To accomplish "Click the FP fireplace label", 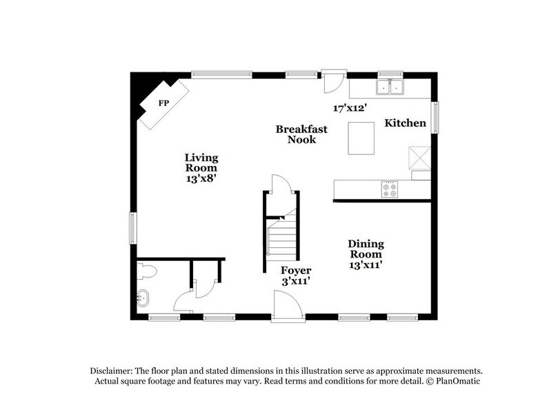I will coord(163,103).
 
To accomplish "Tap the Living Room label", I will coord(201,163).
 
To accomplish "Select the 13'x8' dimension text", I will coord(201,178).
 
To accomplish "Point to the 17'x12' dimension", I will coord(348,108).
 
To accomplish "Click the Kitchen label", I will coord(405,123).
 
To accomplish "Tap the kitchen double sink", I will coord(390,87).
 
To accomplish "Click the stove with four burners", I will coord(390,189).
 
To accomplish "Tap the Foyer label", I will coord(296,270).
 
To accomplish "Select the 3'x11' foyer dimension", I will coord(296,282).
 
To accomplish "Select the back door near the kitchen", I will coord(334,81).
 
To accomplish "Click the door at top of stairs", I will coord(282,187).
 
